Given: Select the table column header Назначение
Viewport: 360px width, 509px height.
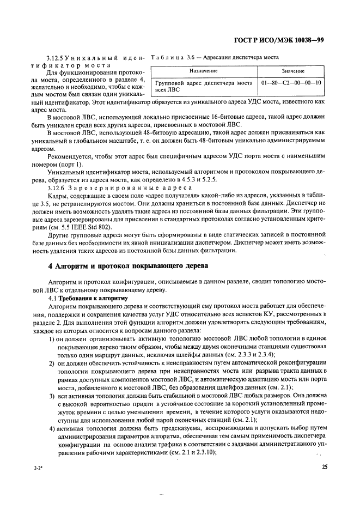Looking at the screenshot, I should point(203,71).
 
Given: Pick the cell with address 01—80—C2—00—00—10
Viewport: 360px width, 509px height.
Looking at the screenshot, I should point(291,83).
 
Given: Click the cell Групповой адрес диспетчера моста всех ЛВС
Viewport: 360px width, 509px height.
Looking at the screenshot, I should point(203,86).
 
